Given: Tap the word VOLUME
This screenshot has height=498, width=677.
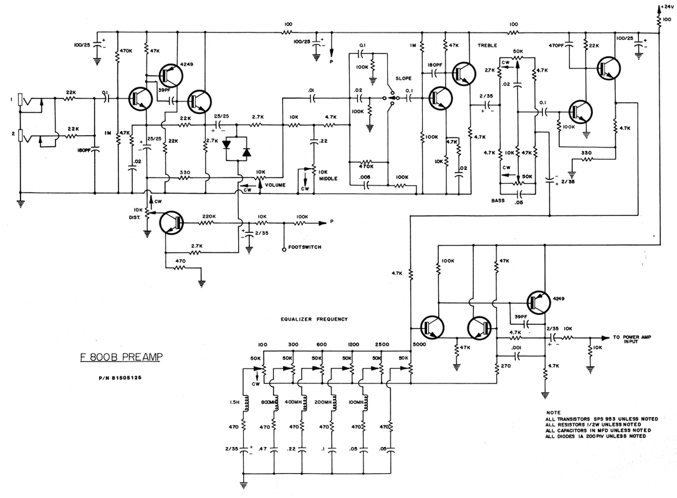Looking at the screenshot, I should coord(275,185).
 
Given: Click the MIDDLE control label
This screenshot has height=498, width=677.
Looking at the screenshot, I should coord(328,178).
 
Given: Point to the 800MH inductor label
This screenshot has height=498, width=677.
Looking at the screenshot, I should coord(270,402).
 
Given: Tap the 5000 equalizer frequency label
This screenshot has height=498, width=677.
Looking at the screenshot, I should coord(419,344).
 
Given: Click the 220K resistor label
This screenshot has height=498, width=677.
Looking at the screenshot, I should coord(209,217).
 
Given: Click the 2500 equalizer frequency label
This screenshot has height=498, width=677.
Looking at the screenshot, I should coord(382,344).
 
